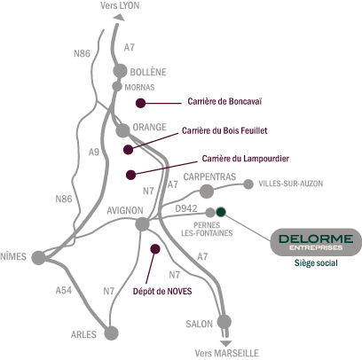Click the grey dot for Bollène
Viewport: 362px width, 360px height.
click(x=120, y=71)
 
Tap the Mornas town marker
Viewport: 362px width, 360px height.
click(x=117, y=86)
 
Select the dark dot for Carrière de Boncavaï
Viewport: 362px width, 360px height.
click(x=140, y=103)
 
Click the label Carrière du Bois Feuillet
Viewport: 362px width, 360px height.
click(x=224, y=130)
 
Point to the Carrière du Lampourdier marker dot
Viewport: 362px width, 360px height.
click(x=130, y=175)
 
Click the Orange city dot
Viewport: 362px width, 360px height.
click(x=122, y=130)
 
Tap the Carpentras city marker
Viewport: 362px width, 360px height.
click(x=207, y=192)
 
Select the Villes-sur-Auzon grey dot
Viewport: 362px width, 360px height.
click(x=248, y=184)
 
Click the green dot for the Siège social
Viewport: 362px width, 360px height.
click(x=221, y=212)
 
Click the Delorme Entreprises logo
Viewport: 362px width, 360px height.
click(x=316, y=242)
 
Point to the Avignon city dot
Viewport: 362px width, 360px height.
click(x=142, y=224)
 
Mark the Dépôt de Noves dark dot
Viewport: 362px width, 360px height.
click(x=155, y=249)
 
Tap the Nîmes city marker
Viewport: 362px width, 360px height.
click(x=39, y=257)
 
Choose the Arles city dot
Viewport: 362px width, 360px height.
click(x=111, y=333)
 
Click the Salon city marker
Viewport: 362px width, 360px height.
click(x=224, y=322)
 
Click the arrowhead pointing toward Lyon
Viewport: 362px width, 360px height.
click(x=119, y=18)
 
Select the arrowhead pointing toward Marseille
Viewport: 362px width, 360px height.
click(x=226, y=343)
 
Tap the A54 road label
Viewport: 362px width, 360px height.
click(x=64, y=290)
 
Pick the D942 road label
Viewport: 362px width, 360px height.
click(x=186, y=208)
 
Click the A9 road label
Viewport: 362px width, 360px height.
click(x=94, y=152)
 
